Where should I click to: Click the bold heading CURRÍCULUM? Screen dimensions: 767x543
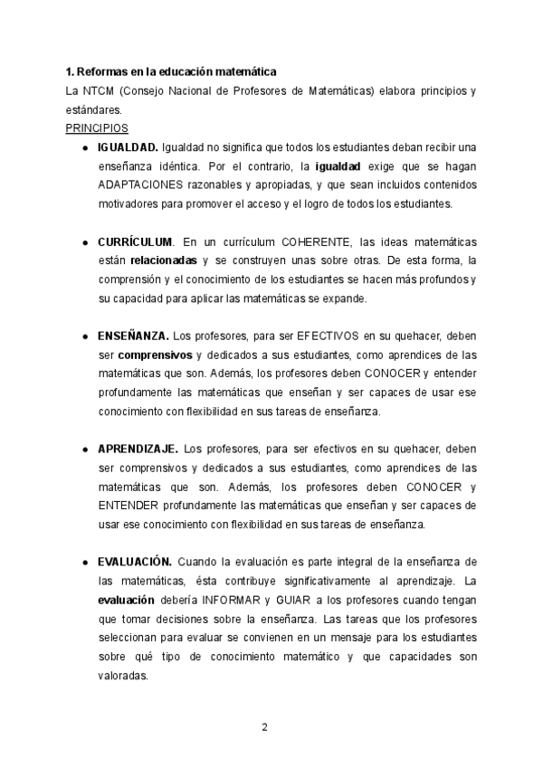(135, 242)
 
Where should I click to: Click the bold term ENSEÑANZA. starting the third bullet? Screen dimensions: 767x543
(133, 336)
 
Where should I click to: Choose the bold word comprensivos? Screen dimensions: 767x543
(154, 355)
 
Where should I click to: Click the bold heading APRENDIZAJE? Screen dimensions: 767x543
(138, 449)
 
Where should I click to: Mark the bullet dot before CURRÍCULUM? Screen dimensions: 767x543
(84, 243)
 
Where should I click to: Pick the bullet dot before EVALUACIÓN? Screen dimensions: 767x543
(84, 563)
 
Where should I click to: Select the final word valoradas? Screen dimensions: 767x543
(123, 675)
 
